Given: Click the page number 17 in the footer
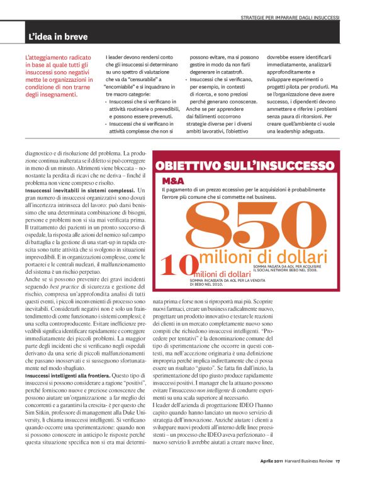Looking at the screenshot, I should (x=337, y=461).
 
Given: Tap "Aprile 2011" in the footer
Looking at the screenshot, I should (x=275, y=461).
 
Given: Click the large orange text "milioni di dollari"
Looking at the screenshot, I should (x=263, y=258).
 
